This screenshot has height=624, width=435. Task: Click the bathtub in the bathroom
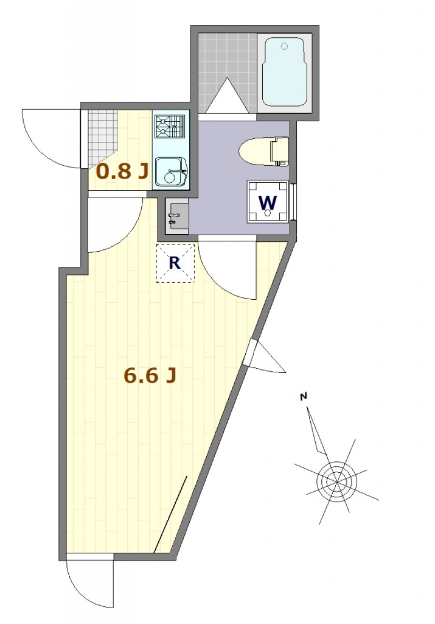284,73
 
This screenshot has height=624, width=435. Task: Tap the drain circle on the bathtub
284,46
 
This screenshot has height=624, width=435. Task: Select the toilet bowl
264,151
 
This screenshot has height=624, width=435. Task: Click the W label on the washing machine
268,202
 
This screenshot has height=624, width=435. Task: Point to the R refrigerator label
175,263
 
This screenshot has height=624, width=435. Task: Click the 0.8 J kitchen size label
123,171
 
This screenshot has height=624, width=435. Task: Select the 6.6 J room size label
150,375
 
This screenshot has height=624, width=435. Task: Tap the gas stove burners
170,127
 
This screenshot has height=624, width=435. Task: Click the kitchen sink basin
170,172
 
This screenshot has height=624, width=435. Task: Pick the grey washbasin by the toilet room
178,216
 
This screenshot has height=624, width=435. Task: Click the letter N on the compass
304,396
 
